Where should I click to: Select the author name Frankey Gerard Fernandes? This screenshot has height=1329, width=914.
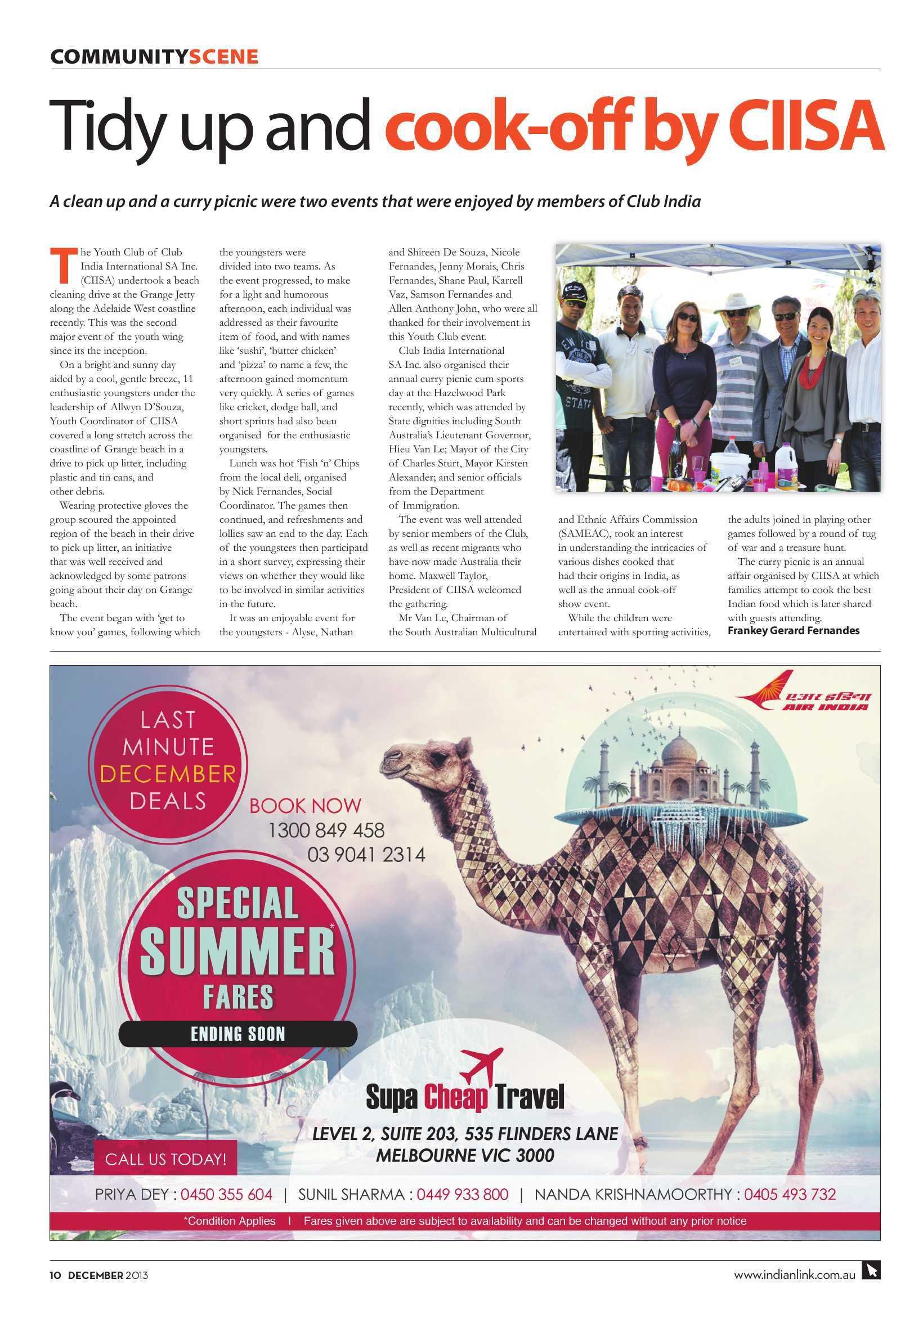click(x=793, y=631)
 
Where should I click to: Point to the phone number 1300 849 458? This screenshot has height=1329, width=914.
click(x=326, y=830)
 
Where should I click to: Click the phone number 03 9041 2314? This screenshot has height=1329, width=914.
click(x=366, y=855)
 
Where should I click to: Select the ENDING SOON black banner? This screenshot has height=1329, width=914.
click(x=238, y=1034)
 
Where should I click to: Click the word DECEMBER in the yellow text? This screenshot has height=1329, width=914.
click(x=168, y=774)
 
